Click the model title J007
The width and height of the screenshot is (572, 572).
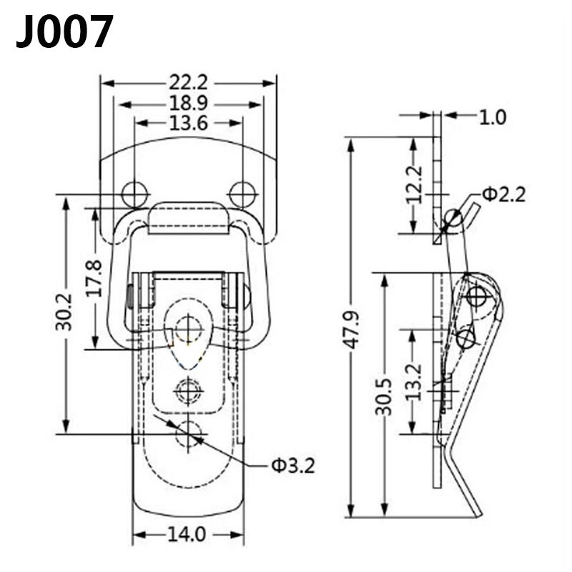65,32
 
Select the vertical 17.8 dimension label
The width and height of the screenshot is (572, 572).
94,278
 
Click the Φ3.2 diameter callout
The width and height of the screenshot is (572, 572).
292,466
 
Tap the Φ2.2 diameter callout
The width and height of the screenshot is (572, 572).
503,194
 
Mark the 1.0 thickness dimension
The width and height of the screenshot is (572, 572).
492,117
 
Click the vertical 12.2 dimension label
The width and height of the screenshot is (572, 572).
414,184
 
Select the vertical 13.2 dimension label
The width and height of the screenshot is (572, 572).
413,381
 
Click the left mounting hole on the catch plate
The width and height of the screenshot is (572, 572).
134,193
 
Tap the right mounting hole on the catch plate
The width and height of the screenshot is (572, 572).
242,193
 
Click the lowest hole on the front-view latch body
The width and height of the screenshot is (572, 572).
189,433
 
